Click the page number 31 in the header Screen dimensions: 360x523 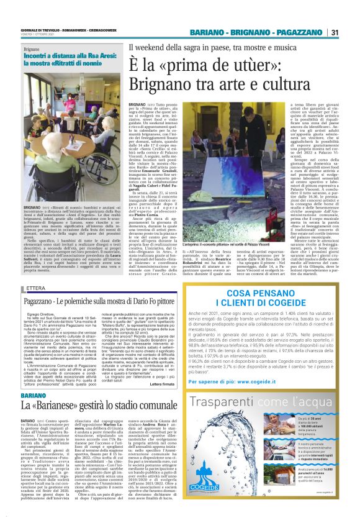[335, 32]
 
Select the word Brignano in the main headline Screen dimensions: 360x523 [163, 84]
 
